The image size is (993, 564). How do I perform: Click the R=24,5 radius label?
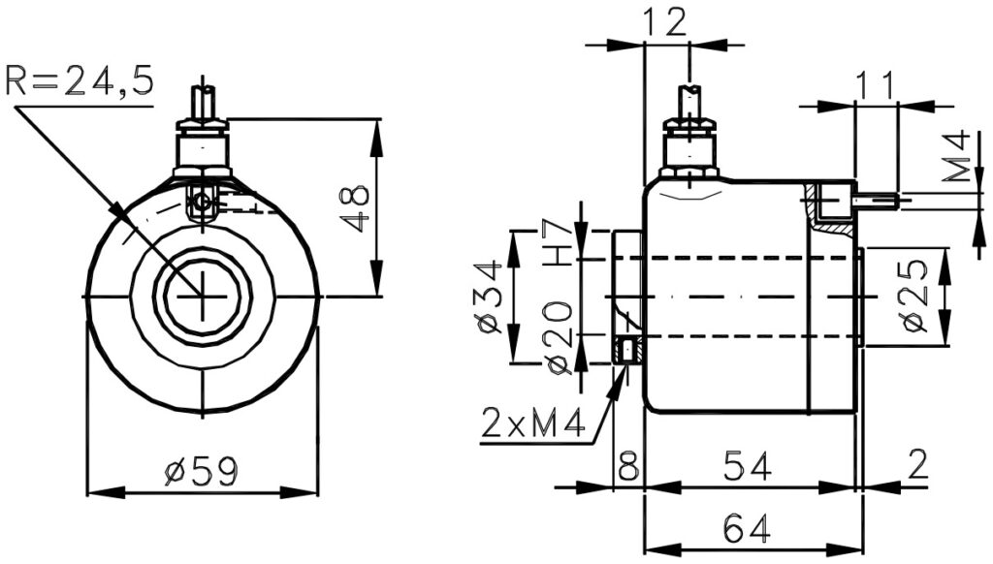point(80,80)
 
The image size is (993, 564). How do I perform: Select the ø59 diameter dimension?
point(202,472)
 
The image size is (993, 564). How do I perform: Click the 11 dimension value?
point(876,85)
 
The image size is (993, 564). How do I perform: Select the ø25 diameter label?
point(914,297)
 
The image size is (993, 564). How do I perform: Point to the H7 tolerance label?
point(559,243)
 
